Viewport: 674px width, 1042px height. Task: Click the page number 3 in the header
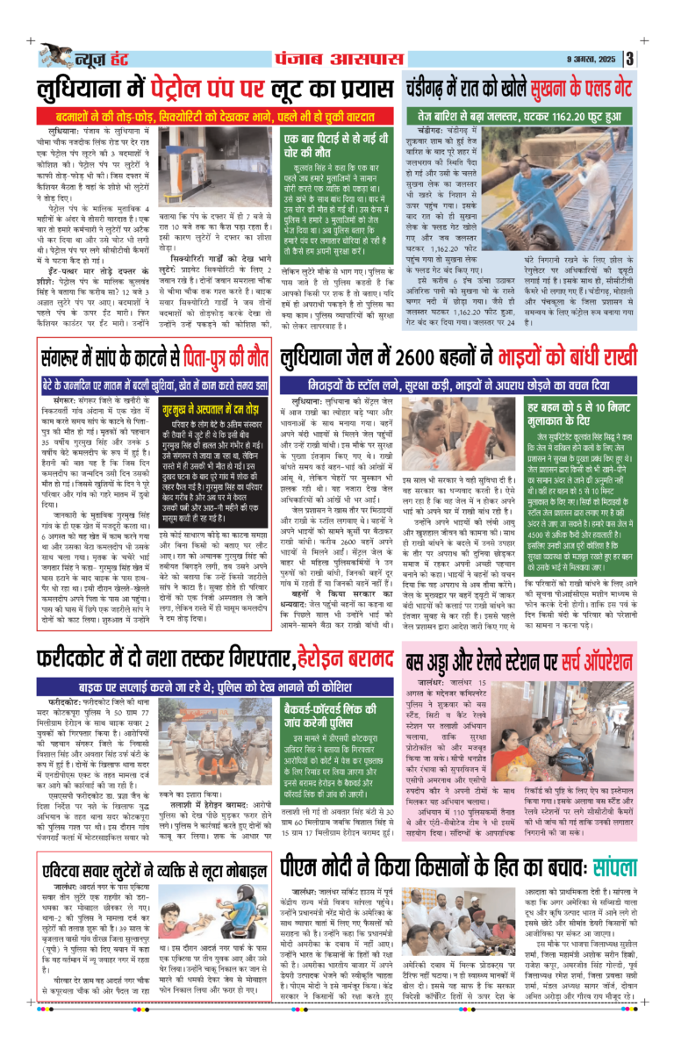[x=631, y=59]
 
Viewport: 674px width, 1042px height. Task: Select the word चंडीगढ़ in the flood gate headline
[x=434, y=90]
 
